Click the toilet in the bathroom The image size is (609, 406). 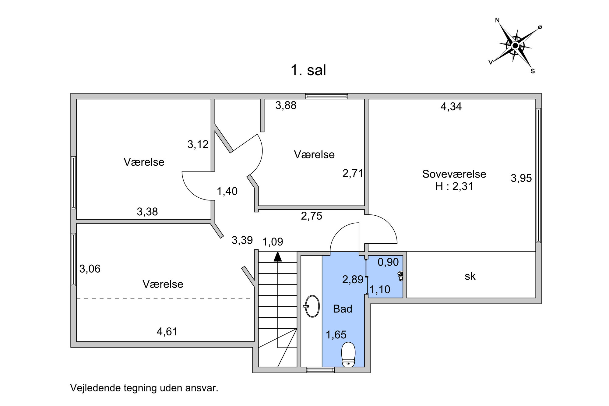(348, 355)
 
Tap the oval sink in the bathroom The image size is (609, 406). (312, 306)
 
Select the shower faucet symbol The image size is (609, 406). (401, 276)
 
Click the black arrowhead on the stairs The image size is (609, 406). (277, 256)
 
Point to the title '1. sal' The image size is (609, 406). (308, 70)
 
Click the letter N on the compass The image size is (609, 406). (497, 20)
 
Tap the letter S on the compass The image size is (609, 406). (533, 71)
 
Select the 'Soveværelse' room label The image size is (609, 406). (454, 174)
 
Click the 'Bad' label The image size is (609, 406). (343, 309)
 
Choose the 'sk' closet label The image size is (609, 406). (470, 276)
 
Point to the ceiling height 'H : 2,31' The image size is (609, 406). (454, 186)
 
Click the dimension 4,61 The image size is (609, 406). (167, 331)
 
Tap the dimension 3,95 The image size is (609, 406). (521, 178)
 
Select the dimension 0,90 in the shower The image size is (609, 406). (388, 262)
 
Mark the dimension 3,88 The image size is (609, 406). (286, 105)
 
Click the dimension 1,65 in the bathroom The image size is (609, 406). (336, 335)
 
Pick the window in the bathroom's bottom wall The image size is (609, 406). (320, 370)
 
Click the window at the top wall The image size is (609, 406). (327, 96)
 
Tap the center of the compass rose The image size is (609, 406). (515, 46)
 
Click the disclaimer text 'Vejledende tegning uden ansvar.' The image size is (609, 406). (144, 388)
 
